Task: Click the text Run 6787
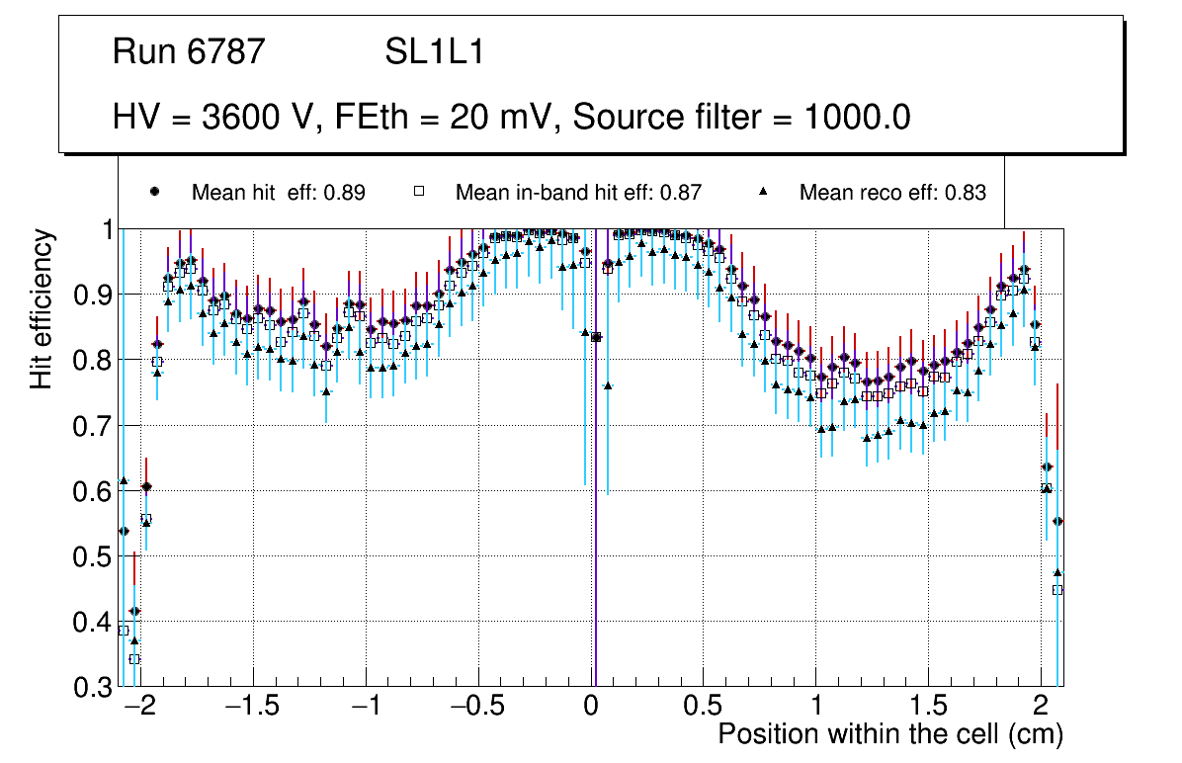189,52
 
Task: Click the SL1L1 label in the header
434,52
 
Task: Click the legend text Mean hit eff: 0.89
279,193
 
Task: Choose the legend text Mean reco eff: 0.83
892,193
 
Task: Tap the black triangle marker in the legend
763,192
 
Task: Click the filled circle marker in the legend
154,192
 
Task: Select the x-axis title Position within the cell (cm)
889,734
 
